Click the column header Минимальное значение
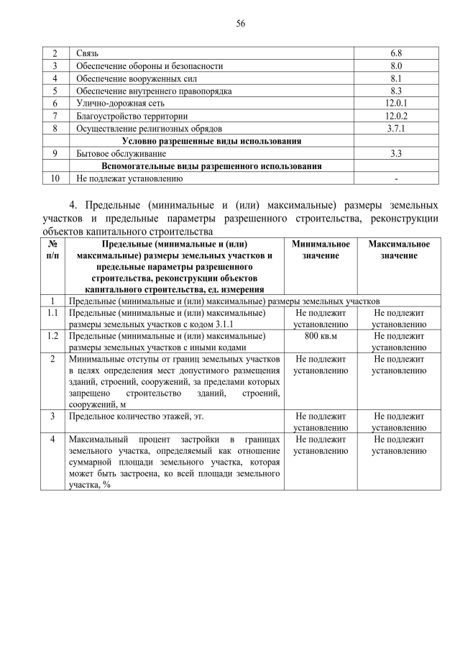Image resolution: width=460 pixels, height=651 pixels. click(x=321, y=250)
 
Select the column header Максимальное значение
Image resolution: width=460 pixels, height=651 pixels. click(x=399, y=250)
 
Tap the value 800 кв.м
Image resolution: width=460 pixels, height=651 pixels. click(x=321, y=336)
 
